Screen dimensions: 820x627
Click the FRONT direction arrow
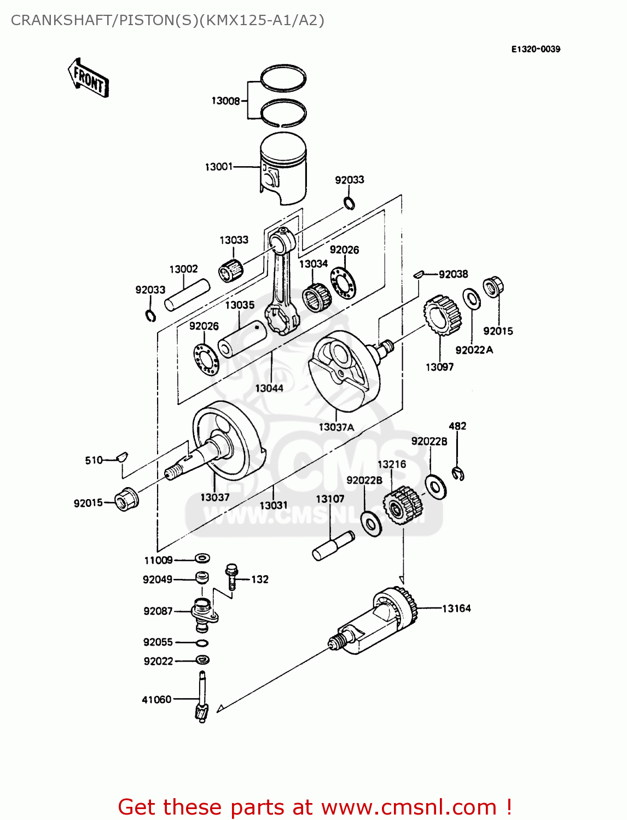tap(88, 78)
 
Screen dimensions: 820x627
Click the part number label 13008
tap(225, 101)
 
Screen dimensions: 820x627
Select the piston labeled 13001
tap(283, 168)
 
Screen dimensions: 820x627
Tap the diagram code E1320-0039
tap(536, 49)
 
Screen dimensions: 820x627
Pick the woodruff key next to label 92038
tap(419, 274)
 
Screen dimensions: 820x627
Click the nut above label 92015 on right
tap(492, 287)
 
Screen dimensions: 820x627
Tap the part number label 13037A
tap(336, 427)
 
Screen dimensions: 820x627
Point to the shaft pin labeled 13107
tap(333, 546)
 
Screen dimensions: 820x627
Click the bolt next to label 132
tap(231, 576)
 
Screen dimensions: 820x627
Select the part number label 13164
tap(456, 608)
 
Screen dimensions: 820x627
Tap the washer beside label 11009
tap(202, 559)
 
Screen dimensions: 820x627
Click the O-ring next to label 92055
tap(201, 643)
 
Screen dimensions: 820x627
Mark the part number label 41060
tap(156, 699)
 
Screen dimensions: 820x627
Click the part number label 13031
tap(273, 505)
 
